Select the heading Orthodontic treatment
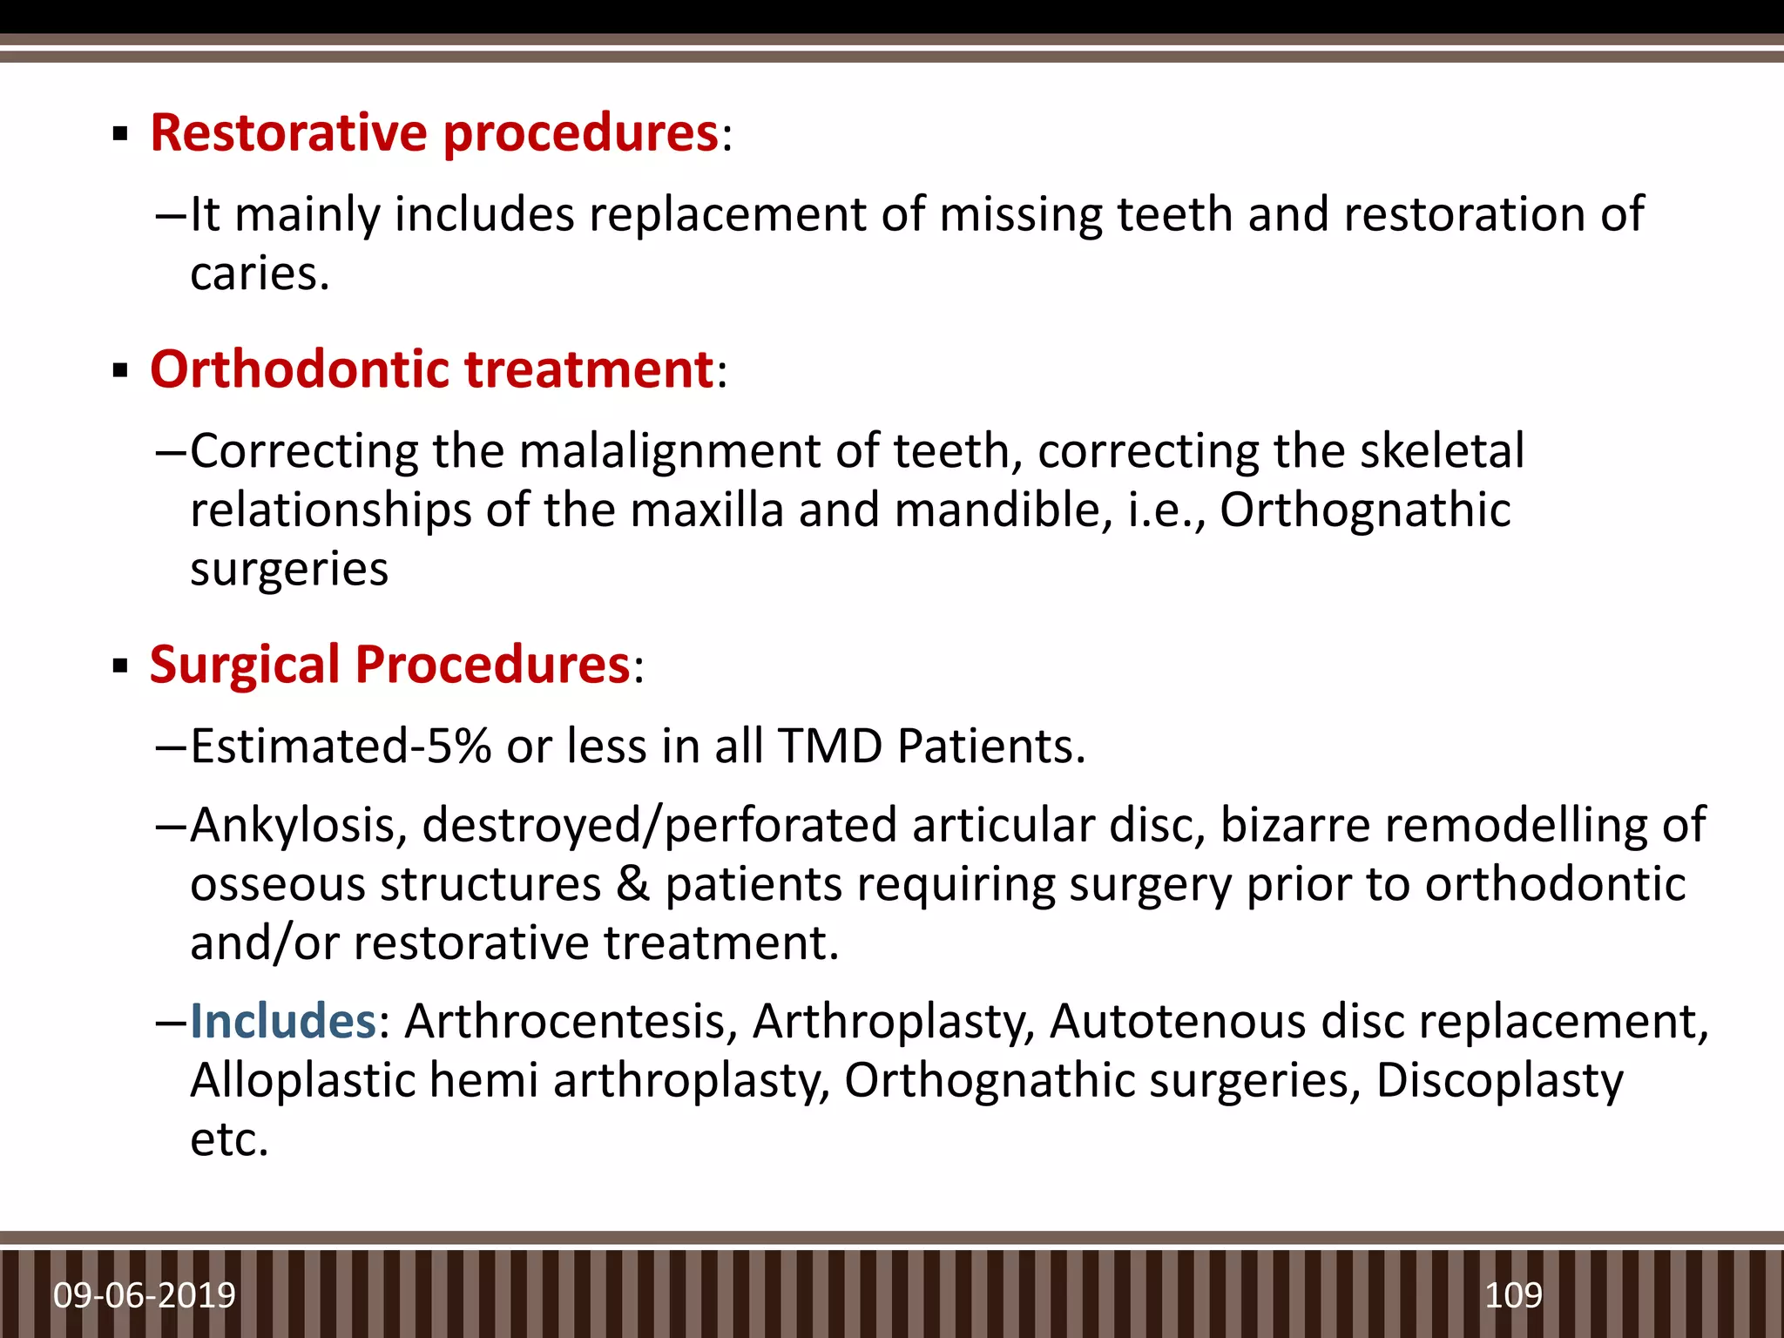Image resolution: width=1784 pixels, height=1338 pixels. [x=431, y=369]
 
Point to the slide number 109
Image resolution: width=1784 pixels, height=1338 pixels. [x=1513, y=1295]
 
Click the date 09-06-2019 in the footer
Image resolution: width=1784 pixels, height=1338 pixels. [x=145, y=1295]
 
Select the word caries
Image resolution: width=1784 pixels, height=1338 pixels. [x=259, y=274]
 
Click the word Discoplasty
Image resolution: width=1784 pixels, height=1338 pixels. [x=1499, y=1080]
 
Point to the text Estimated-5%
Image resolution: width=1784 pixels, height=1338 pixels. [x=341, y=747]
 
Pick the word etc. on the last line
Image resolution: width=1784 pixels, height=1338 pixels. [x=229, y=1139]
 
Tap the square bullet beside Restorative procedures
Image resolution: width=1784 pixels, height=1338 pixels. [x=121, y=136]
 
